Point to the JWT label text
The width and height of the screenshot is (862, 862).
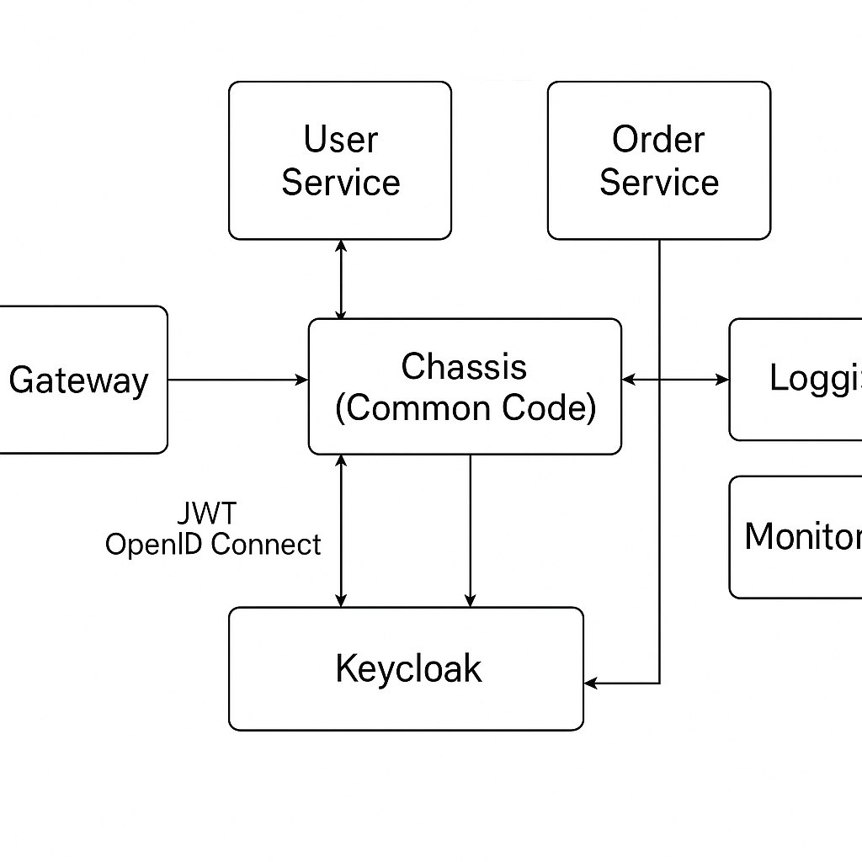[x=207, y=513]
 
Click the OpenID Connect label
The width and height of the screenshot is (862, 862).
[x=213, y=545]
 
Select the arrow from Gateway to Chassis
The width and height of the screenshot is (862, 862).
[x=238, y=380]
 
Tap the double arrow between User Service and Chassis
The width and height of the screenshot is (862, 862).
[x=341, y=279]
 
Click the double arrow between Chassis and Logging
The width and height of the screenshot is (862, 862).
[x=675, y=380]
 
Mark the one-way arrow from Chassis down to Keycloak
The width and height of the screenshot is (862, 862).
[x=470, y=530]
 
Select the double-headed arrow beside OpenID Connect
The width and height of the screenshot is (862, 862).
[x=341, y=530]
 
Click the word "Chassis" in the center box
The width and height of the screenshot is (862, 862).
[x=464, y=367]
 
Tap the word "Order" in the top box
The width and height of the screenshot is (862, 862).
[x=658, y=140]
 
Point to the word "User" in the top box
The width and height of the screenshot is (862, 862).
[x=340, y=140]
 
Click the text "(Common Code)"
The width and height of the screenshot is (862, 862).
[x=465, y=408]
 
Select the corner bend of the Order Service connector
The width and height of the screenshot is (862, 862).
[x=659, y=683]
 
